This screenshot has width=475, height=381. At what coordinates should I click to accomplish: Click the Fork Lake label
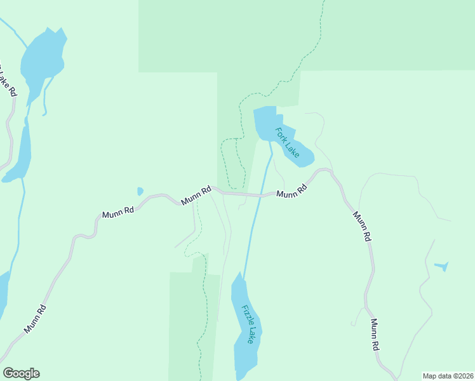click(x=287, y=143)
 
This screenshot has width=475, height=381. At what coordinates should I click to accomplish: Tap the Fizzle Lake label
click(x=248, y=324)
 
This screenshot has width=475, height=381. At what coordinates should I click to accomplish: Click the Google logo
click(x=21, y=373)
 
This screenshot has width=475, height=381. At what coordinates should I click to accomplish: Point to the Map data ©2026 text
click(x=448, y=376)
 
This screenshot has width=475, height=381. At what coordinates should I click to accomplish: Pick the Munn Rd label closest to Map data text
click(x=375, y=335)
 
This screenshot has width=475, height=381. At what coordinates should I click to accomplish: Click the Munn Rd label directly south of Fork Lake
click(x=291, y=191)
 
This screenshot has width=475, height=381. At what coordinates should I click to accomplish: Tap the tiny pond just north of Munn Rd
click(x=140, y=191)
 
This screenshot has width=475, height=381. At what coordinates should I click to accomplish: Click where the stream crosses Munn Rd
click(x=260, y=196)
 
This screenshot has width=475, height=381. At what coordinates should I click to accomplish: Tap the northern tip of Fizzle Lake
click(x=239, y=274)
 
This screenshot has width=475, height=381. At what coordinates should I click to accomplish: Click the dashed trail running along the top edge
click(x=318, y=32)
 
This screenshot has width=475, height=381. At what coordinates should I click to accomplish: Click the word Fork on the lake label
click(x=281, y=134)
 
